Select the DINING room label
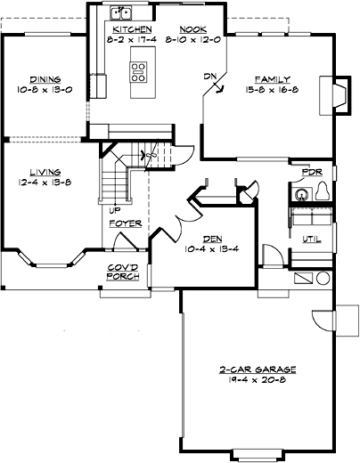(45, 79)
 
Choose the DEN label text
(212, 238)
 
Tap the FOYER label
(125, 223)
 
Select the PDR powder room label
(312, 171)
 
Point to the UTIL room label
(311, 239)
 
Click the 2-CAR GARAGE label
(257, 369)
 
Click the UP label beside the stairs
(115, 211)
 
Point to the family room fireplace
(339, 95)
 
